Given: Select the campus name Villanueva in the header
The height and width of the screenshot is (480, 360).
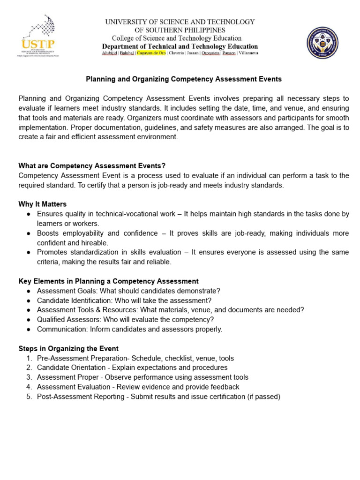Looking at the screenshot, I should click(x=248, y=53).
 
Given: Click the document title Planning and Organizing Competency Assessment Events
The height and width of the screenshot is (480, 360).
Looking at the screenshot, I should click(x=184, y=79).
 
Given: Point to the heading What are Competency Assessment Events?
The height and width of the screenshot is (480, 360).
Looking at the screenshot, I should click(x=92, y=166).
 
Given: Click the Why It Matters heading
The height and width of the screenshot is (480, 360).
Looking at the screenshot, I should click(x=43, y=204).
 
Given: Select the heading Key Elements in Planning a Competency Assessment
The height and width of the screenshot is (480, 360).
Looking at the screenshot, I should click(x=108, y=281).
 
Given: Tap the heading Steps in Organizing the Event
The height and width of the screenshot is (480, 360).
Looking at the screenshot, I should click(x=68, y=349).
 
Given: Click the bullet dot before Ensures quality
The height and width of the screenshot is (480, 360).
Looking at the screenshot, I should click(x=29, y=214).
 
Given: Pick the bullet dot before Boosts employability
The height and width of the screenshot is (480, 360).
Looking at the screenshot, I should click(x=29, y=233).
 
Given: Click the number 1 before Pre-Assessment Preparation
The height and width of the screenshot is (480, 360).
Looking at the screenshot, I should click(x=29, y=359).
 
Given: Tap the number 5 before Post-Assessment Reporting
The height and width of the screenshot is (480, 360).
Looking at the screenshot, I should click(x=29, y=397).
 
